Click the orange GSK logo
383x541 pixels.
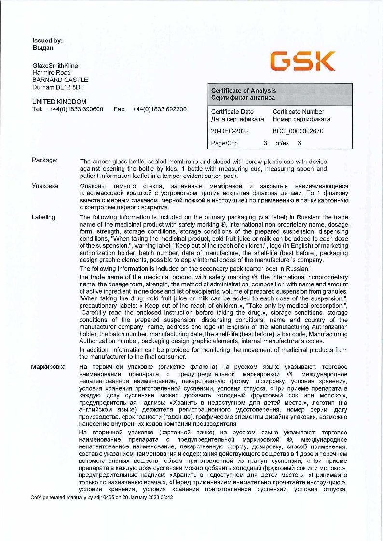point(302,61)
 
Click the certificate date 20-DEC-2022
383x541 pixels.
point(230,131)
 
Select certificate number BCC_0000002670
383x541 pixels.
point(298,131)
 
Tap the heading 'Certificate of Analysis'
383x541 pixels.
point(244,91)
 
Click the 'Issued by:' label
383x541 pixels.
point(47,41)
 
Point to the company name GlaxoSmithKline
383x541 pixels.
point(55,66)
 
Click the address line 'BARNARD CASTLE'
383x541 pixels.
point(60,80)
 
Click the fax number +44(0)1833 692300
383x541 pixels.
point(159,109)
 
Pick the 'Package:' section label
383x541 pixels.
point(45,160)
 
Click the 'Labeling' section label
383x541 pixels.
point(43,217)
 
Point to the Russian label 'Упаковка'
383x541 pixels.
point(45,186)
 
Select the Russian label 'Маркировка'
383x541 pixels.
point(48,367)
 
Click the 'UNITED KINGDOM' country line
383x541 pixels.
point(59,102)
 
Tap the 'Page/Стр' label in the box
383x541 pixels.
point(224,143)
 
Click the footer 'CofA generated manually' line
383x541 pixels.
point(102,497)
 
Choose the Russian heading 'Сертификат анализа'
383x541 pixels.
point(243,98)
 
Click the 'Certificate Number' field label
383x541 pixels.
point(298,112)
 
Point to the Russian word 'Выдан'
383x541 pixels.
point(42,48)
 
